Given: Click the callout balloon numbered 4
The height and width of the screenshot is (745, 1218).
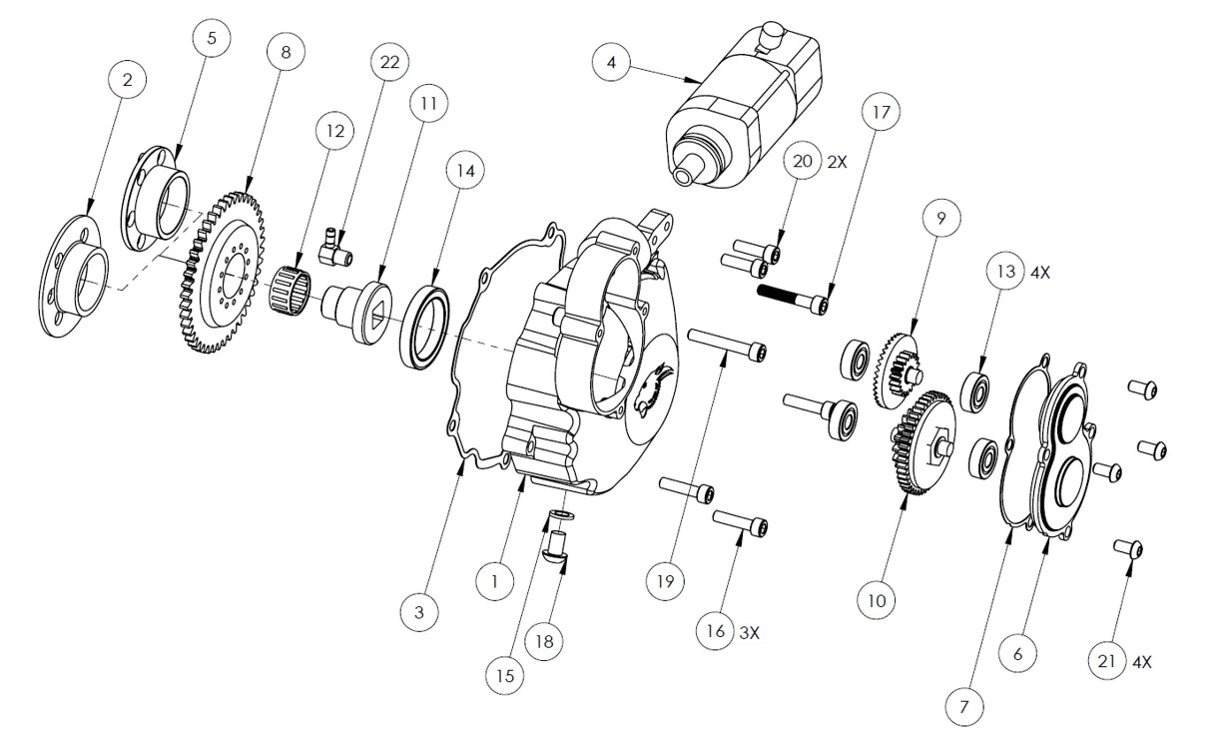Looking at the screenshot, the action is pos(611,62).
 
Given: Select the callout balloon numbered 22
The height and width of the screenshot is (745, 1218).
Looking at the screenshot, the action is pos(390,62).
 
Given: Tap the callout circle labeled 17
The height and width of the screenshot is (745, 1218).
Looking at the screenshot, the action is pos(881,112).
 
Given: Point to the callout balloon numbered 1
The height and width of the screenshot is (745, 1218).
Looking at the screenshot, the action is pos(495,582).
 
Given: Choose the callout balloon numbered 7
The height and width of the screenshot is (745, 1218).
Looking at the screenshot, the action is pos(964,707).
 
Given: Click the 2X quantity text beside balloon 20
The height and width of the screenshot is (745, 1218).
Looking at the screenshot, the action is pos(838,162).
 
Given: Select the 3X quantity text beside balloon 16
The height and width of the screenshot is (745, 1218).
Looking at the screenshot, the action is pos(750,633).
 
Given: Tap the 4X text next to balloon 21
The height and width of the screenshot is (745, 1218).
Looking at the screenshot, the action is pos(1142,662).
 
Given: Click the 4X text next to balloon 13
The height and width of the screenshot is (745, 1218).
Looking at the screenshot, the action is pos(1040,273).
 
